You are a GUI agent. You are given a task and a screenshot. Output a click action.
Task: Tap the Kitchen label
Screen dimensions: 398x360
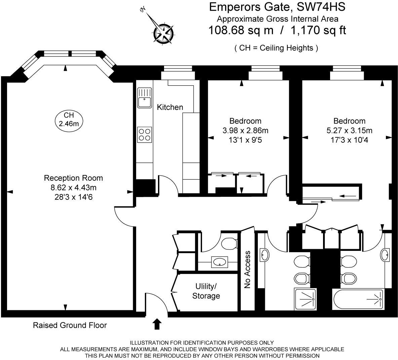[170, 107]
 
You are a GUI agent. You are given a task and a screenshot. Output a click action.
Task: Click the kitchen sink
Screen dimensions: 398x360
[145, 98]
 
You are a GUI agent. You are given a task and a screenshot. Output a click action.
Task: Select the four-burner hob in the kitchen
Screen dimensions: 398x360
[145, 134]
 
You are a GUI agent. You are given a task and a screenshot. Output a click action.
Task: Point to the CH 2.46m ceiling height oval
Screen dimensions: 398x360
[69, 120]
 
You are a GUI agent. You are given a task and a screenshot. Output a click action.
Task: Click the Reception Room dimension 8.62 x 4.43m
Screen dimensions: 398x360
[74, 188]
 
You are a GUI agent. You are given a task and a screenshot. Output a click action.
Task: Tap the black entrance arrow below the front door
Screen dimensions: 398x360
[157, 324]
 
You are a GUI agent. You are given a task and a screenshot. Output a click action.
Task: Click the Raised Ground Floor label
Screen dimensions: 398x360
[70, 325]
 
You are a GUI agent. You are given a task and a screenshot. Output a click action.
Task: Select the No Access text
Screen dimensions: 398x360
[247, 270]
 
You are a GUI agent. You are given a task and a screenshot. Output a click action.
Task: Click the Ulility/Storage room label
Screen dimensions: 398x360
[206, 291]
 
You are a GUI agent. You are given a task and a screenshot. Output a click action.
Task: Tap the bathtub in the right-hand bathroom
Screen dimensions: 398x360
[358, 300]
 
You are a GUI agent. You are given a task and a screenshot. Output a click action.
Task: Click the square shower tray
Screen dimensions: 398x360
[306, 299]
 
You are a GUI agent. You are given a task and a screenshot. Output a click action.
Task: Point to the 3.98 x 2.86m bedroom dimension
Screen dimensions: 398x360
[245, 131]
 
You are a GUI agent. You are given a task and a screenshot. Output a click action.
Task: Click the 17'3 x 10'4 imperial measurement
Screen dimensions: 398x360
[349, 140]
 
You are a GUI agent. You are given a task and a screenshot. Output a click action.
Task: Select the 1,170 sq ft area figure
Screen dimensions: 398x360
[318, 31]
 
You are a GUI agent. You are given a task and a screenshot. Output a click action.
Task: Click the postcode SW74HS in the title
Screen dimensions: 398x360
[321, 7]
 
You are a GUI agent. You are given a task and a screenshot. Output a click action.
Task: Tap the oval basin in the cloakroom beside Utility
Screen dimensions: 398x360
[220, 262]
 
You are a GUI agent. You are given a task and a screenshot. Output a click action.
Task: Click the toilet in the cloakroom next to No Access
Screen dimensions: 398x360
[230, 243]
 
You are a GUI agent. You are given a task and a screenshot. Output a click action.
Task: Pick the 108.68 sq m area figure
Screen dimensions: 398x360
[241, 31]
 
